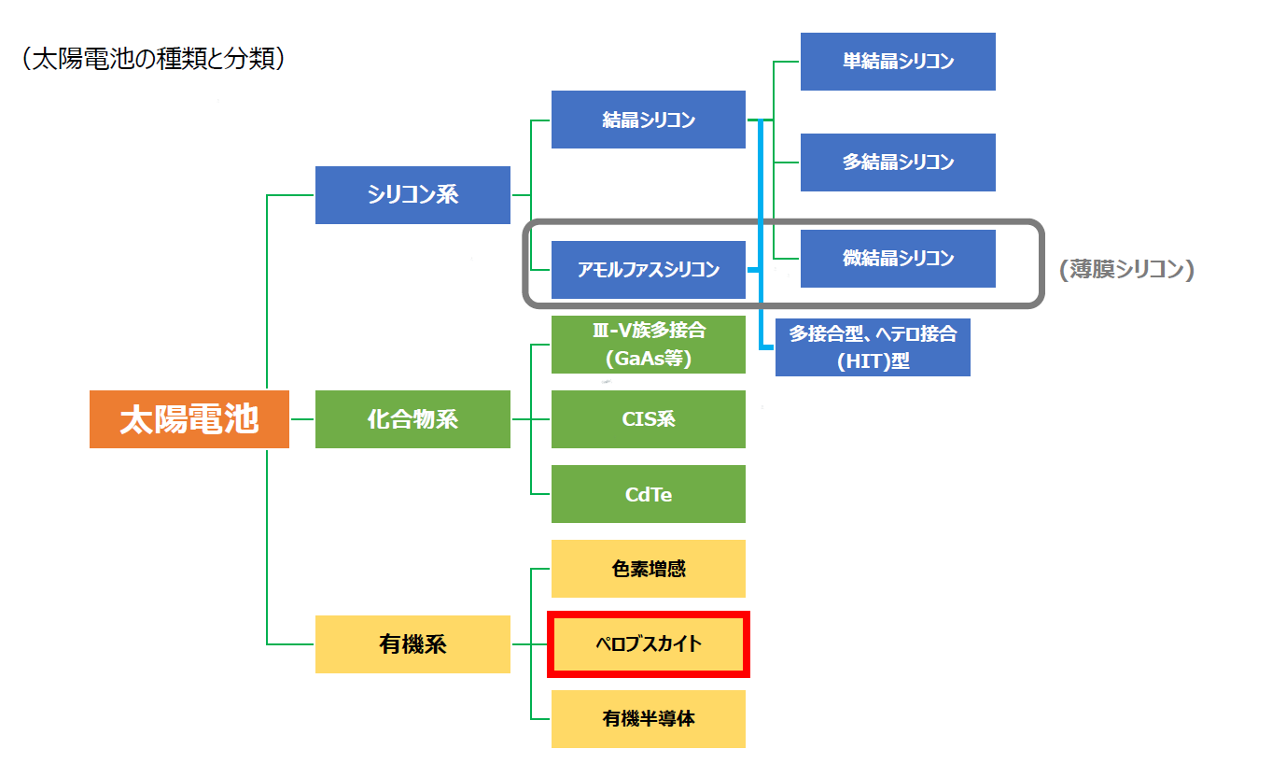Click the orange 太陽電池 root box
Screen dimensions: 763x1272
coord(189,419)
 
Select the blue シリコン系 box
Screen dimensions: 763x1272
coord(412,194)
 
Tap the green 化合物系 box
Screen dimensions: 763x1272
coord(412,419)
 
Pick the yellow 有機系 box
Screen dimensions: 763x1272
coord(412,644)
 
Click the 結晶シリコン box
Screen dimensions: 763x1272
coord(649,120)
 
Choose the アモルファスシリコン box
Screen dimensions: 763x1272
coord(649,270)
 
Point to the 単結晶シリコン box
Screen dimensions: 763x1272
coord(898,62)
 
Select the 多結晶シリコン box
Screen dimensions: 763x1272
coord(898,162)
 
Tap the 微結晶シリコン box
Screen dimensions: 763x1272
coord(898,259)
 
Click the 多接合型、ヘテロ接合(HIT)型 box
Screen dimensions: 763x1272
coord(873,346)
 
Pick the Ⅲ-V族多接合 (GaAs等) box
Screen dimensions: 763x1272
coord(649,345)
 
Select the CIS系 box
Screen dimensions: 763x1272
coord(649,419)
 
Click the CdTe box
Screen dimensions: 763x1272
coord(649,494)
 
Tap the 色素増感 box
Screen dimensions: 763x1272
coord(649,569)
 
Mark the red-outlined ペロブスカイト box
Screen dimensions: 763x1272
coord(649,644)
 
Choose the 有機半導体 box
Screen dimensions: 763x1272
coord(649,719)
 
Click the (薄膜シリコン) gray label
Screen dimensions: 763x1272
coord(1126,270)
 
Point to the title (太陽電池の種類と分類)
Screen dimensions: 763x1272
coord(152,60)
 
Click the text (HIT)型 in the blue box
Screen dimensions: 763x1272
coord(873,360)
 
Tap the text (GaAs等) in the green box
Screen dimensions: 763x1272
coord(649,359)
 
